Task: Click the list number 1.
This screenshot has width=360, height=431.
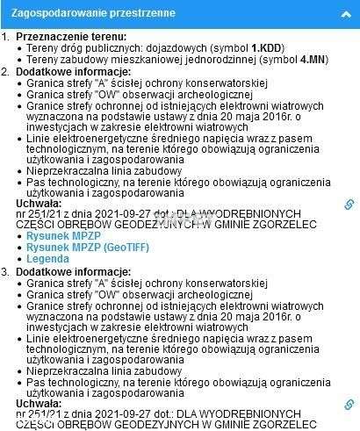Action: coord(5,36)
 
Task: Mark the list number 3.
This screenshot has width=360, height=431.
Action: coord(5,272)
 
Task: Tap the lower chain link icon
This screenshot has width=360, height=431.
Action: coord(349,405)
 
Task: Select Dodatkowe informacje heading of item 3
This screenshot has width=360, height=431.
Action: coord(64,272)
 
